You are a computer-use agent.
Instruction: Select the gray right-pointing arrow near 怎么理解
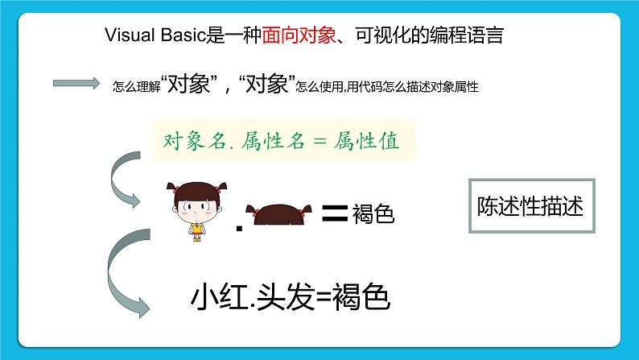point(77,82)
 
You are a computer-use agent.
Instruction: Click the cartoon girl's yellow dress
point(196,229)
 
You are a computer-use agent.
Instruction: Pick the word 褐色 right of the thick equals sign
point(373,215)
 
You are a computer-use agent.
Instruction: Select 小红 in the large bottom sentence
point(215,298)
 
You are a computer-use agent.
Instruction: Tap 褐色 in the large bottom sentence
point(358,298)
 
